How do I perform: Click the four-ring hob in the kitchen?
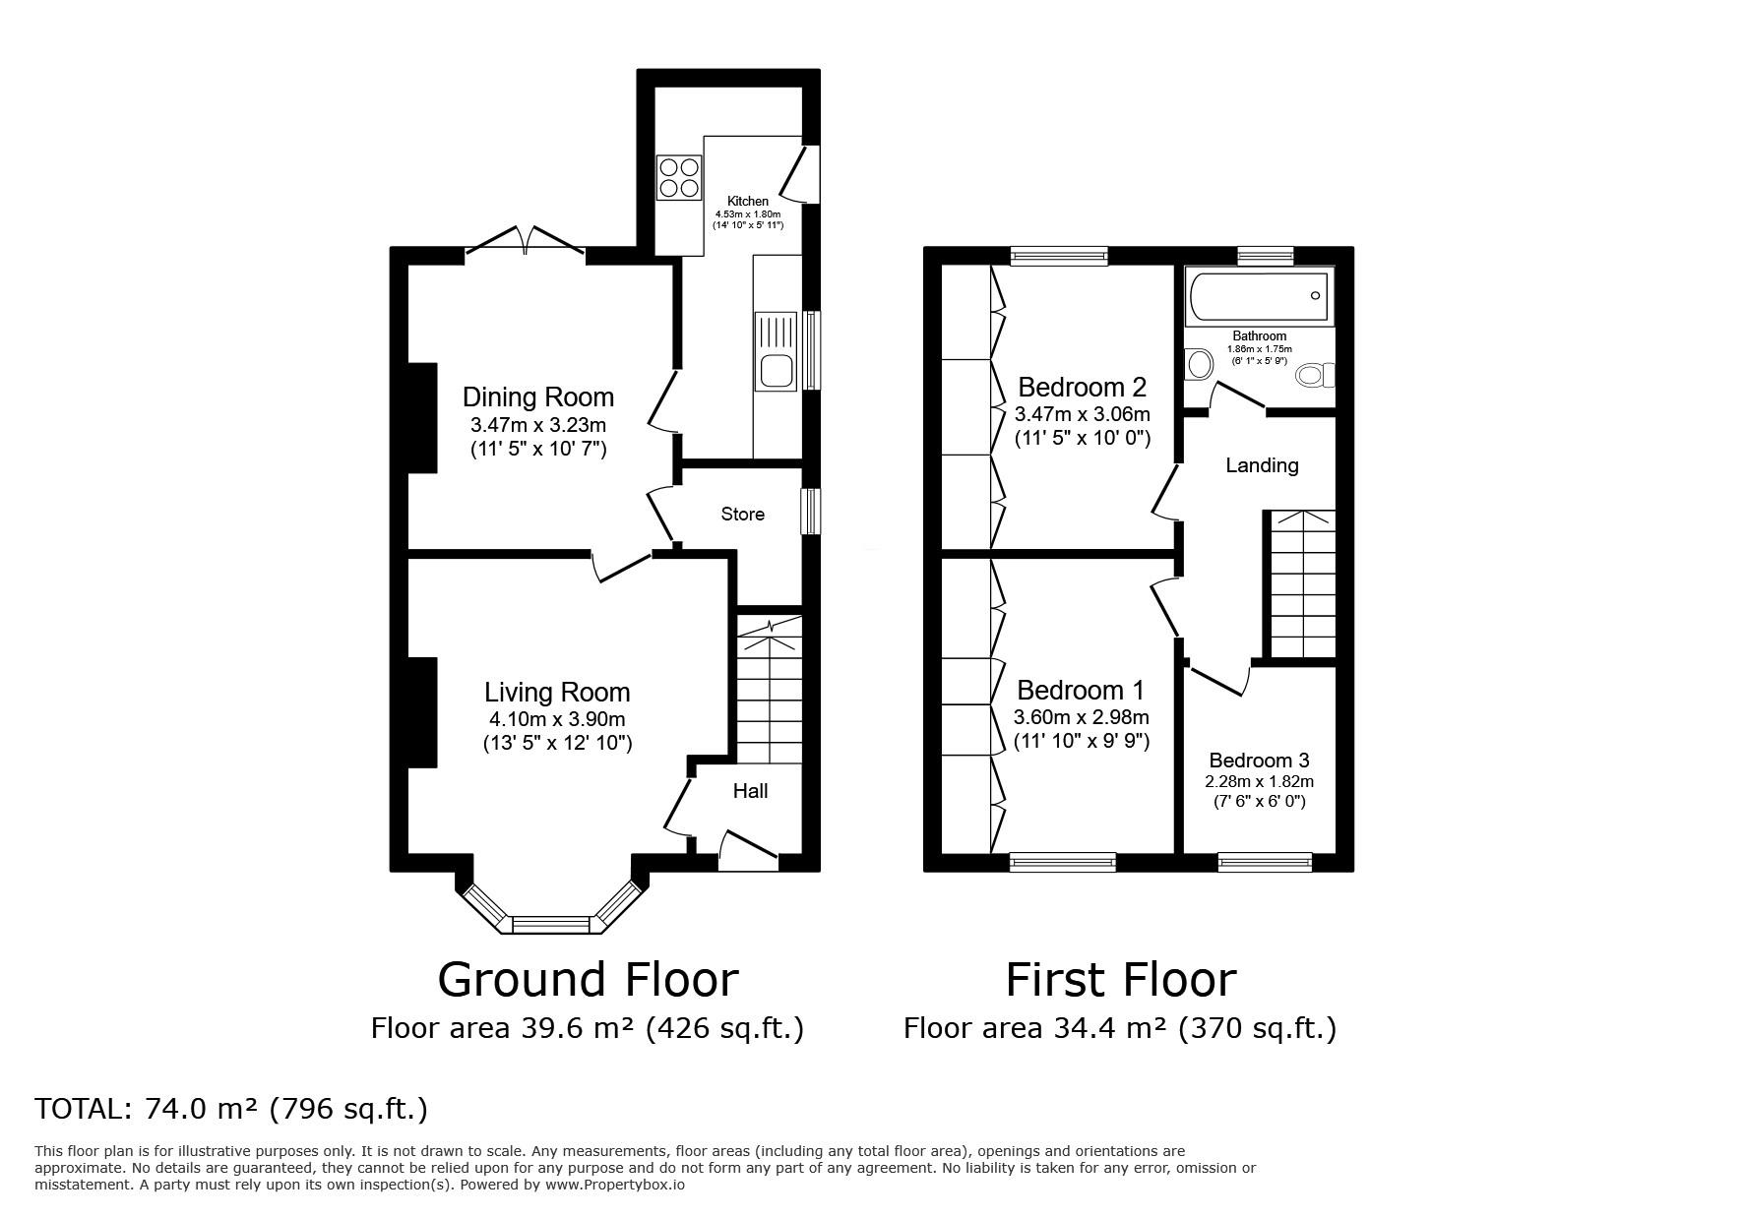pyautogui.click(x=679, y=177)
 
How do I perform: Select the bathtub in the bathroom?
pyautogui.click(x=1259, y=297)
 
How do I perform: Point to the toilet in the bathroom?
pyautogui.click(x=1314, y=375)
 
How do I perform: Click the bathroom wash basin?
pyautogui.click(x=1199, y=365)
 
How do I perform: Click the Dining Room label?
pyautogui.click(x=538, y=397)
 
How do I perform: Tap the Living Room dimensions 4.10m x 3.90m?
pyautogui.click(x=557, y=719)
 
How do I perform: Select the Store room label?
pyautogui.click(x=742, y=515)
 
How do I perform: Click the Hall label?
pyautogui.click(x=751, y=791)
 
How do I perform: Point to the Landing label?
pyautogui.click(x=1262, y=465)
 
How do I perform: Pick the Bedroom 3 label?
pyautogui.click(x=1260, y=761)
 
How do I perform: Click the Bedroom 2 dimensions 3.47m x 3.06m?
pyautogui.click(x=1083, y=414)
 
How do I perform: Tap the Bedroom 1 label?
pyautogui.click(x=1082, y=690)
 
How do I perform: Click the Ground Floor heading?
pyautogui.click(x=588, y=980)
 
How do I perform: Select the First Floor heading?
pyautogui.click(x=1121, y=980)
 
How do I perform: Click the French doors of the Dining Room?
pyautogui.click(x=526, y=242)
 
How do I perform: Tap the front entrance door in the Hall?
pyautogui.click(x=748, y=850)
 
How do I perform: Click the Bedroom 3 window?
pyautogui.click(x=1265, y=862)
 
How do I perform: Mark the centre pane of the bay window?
pyautogui.click(x=551, y=924)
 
